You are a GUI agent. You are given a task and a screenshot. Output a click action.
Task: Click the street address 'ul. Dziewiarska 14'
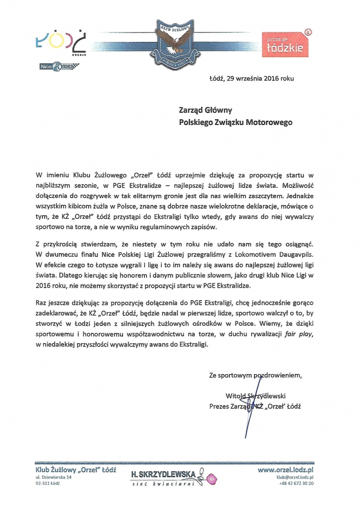(53, 478)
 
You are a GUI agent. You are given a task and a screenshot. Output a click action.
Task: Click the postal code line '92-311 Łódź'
(47, 484)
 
